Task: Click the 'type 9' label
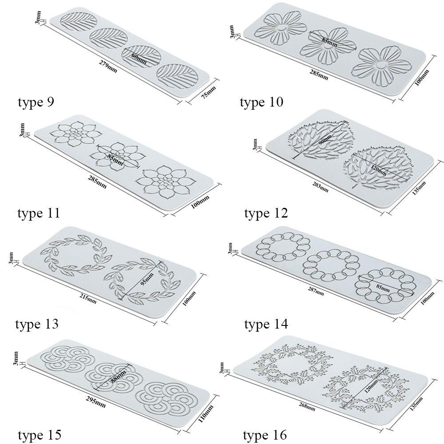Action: point(36,103)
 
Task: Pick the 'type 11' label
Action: point(39,213)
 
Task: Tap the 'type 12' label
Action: point(266,214)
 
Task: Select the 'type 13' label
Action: point(37,324)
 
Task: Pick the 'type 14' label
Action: point(266,324)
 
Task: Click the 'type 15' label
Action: point(39,434)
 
